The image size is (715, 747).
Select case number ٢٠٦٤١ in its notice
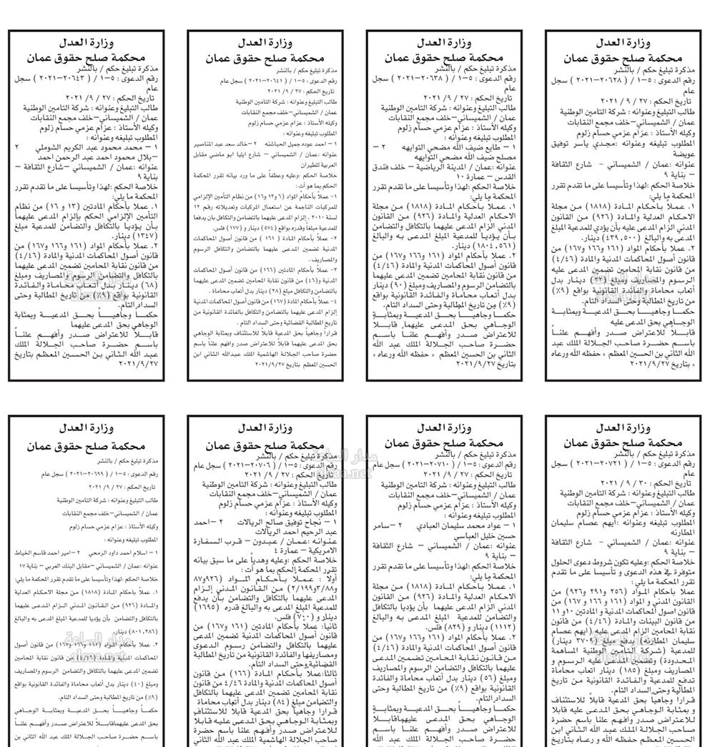(263, 81)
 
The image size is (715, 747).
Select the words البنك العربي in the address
(75, 565)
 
